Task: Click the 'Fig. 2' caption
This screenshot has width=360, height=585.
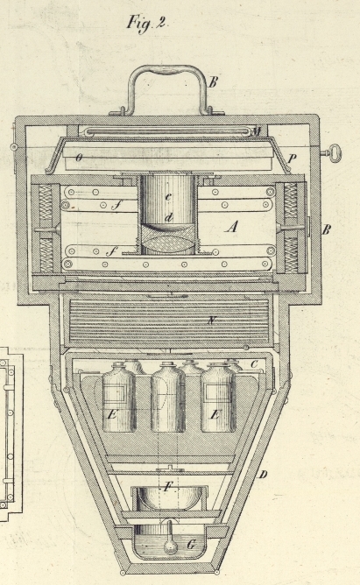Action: pos(147,23)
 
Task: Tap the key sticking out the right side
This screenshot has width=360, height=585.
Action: pos(331,152)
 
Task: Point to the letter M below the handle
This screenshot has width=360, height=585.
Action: pos(257,131)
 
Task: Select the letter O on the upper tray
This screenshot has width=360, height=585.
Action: pos(79,158)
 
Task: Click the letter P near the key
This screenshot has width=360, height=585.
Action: pos(292,159)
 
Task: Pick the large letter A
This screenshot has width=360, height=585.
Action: pos(231,227)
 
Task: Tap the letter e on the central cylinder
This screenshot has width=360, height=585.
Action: pos(168,197)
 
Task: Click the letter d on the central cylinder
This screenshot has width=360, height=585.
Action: pos(169,216)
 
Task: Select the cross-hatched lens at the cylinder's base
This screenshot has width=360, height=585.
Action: pos(167,240)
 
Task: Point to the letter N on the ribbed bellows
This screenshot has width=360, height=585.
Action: pos(212,321)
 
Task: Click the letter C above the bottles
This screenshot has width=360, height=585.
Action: pos(254,364)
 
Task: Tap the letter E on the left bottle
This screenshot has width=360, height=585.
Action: pos(111,414)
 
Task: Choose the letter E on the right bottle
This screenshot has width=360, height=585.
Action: pos(214,414)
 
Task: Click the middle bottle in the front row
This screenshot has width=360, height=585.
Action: pos(168,397)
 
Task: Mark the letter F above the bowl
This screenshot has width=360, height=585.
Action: pos(169,487)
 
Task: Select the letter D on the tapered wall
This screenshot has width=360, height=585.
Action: pos(263,475)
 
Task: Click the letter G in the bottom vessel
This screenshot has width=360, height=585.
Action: pos(191,545)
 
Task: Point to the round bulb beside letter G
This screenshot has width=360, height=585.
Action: pos(170,547)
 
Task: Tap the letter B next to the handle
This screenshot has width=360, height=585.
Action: pos(213,82)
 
